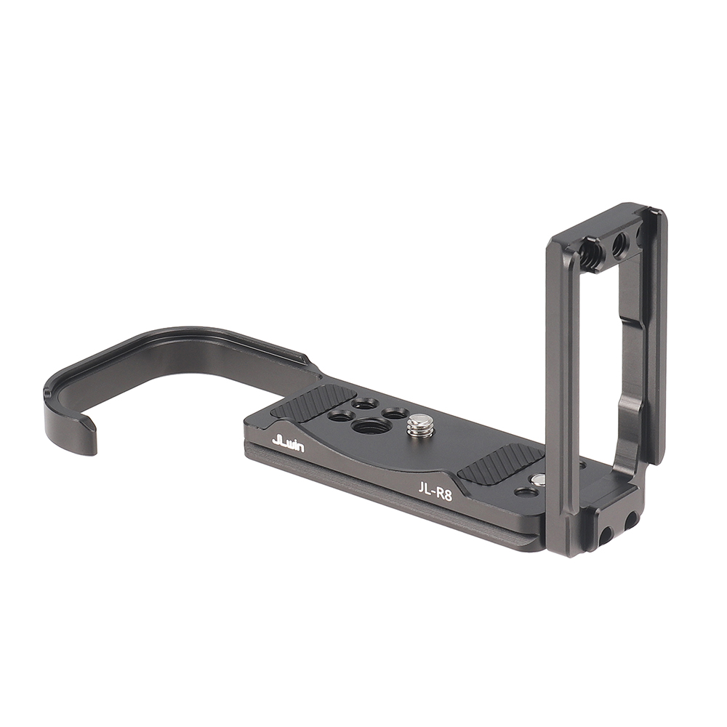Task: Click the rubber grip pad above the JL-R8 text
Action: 499,467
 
